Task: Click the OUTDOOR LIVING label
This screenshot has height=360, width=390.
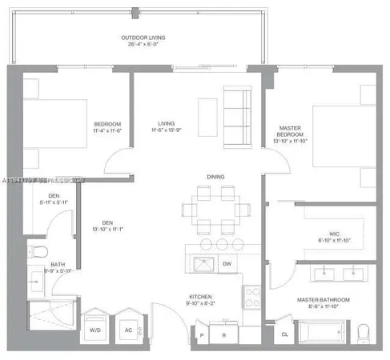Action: [141, 38]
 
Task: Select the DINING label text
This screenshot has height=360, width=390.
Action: [215, 176]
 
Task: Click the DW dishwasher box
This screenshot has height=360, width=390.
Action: [227, 263]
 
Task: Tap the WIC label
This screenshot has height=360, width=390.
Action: [324, 231]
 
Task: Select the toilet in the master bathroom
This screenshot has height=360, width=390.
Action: [364, 330]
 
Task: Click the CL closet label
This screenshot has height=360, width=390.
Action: [283, 334]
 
